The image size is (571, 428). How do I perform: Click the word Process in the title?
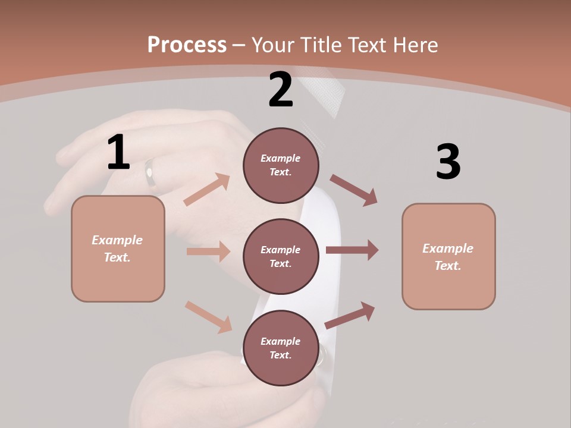point(187,45)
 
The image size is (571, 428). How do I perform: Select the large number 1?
point(118,153)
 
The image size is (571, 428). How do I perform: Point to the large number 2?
point(281,90)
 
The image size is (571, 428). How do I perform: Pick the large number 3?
point(448,162)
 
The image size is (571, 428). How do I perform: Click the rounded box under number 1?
point(118,248)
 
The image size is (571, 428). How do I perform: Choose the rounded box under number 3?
point(448,256)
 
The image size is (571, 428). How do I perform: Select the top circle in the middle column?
point(281,165)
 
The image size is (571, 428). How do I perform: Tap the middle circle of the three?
point(281,256)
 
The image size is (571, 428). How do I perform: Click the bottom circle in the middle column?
point(281,348)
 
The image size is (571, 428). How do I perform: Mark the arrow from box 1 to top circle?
point(207,190)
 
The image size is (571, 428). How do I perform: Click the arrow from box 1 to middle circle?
point(208,251)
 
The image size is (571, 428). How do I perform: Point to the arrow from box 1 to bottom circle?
point(208,317)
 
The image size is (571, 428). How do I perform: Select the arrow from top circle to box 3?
point(354,190)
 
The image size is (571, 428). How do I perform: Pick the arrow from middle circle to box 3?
point(352,250)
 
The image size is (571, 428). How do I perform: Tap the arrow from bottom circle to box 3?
point(350,315)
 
